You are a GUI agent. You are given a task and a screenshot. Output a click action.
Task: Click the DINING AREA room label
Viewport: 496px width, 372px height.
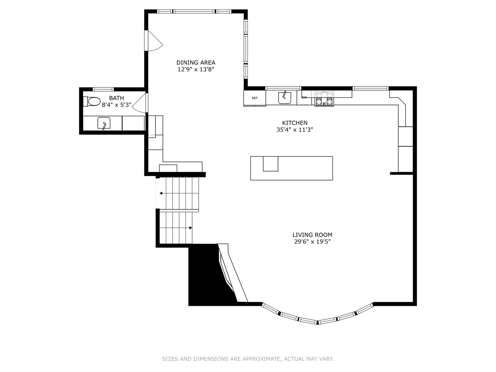pyautogui.click(x=196, y=62)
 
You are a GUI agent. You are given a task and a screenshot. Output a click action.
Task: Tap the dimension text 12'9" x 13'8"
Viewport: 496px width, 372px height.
pyautogui.click(x=196, y=69)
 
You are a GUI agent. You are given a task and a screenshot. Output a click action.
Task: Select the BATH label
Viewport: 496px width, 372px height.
pyautogui.click(x=116, y=98)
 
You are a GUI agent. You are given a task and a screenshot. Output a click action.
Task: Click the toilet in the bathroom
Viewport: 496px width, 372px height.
pyautogui.click(x=93, y=102)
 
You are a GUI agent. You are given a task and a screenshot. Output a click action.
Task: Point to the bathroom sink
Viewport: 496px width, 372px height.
pyautogui.click(x=104, y=123)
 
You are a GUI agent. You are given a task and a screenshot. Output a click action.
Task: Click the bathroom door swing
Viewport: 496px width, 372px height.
pyautogui.click(x=140, y=103)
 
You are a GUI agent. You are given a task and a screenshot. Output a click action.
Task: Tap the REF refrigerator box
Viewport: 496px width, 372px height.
pyautogui.click(x=255, y=98)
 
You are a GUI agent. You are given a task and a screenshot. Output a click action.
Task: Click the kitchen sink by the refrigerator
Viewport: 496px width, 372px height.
pyautogui.click(x=285, y=98)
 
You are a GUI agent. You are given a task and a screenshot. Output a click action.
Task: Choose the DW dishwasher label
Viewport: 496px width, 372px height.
pyautogui.click(x=304, y=97)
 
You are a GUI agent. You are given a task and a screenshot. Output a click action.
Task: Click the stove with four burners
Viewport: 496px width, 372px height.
pyautogui.click(x=324, y=99)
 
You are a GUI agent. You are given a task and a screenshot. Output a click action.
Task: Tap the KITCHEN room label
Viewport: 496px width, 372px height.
pyautogui.click(x=294, y=123)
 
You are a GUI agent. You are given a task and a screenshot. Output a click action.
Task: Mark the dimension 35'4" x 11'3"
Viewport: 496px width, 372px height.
pyautogui.click(x=294, y=130)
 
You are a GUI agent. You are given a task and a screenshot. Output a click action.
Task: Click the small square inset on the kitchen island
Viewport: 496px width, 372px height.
pyautogui.click(x=270, y=164)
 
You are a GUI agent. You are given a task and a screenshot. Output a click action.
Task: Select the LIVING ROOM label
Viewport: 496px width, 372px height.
pyautogui.click(x=312, y=235)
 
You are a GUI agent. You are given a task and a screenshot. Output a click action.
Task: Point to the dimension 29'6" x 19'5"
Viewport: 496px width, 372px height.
pyautogui.click(x=312, y=242)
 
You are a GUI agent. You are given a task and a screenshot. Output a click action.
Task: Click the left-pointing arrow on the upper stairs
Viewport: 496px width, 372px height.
pyautogui.click(x=161, y=193)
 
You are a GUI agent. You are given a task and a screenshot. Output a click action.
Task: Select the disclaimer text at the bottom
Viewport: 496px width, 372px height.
pyautogui.click(x=248, y=359)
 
